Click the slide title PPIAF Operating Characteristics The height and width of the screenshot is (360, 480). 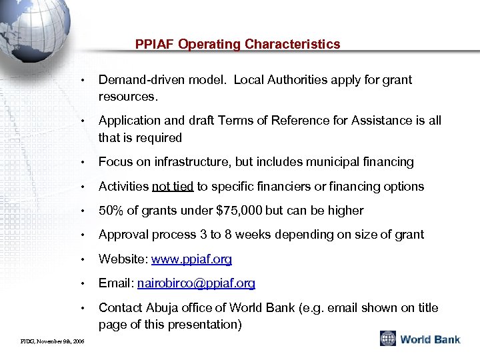tap(237, 45)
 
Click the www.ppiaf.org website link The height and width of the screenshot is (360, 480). tap(192, 259)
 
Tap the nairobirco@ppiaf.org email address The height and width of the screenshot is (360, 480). tap(196, 283)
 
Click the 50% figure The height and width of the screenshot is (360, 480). tap(111, 210)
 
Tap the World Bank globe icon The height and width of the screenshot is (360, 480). tap(388, 339)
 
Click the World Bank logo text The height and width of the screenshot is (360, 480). tap(430, 339)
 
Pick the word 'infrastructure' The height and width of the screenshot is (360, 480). tap(176, 162)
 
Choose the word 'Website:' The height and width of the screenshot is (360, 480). tap(121, 259)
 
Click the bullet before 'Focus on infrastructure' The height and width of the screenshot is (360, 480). tap(81, 163)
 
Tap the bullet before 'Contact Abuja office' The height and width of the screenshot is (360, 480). tap(81, 308)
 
